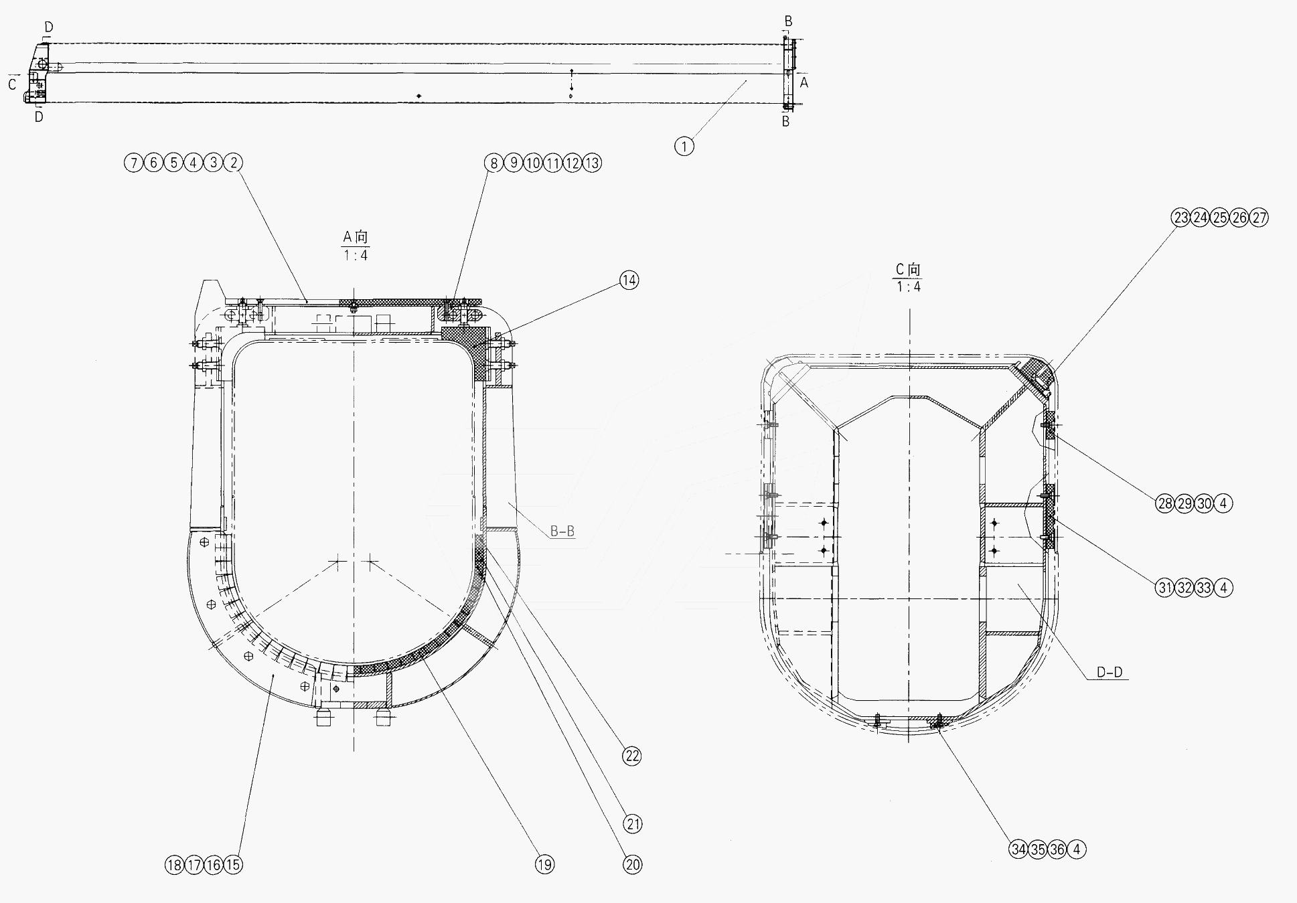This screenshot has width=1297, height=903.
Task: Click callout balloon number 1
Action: click(x=684, y=146)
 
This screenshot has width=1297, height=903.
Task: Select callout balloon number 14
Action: click(x=629, y=280)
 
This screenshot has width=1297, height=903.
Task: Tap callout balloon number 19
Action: click(x=545, y=865)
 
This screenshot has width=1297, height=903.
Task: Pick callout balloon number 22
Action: click(x=631, y=756)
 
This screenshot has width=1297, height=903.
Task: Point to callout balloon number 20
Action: click(x=632, y=865)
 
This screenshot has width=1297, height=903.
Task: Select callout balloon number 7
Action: click(x=134, y=163)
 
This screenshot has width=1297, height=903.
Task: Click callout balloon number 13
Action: click(x=592, y=163)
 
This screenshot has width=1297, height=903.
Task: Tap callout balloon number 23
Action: click(x=1180, y=218)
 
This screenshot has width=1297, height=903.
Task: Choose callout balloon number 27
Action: click(x=1259, y=218)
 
